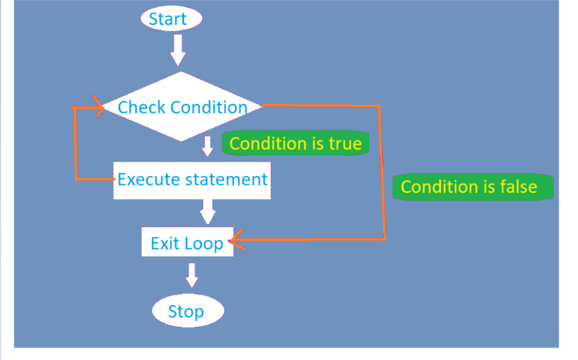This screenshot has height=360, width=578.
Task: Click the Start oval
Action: [171, 19]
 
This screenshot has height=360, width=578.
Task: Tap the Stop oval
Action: [188, 311]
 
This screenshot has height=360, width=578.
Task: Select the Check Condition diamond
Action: [182, 106]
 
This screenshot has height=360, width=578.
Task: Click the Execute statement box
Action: [192, 180]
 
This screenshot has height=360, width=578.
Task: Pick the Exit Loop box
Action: [188, 242]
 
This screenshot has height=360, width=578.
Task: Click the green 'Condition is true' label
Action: [296, 143]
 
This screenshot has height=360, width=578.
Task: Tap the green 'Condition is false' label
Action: [473, 187]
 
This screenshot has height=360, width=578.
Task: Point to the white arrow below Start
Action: [178, 50]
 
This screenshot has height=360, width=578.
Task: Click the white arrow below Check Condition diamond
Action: [208, 146]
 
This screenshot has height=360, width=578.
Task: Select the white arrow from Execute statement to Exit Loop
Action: [208, 212]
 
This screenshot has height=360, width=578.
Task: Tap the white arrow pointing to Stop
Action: [192, 275]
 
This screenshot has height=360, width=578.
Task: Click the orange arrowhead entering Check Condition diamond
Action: [99, 106]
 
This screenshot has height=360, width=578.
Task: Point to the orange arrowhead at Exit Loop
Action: [236, 240]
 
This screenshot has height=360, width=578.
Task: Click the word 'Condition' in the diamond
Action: [209, 108]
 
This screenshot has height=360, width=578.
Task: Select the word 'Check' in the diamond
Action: [141, 108]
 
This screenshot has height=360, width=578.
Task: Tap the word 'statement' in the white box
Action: [226, 180]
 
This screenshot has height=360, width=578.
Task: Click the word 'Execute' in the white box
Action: [149, 180]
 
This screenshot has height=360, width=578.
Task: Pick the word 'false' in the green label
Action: [518, 187]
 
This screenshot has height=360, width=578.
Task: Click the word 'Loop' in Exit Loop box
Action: [204, 244]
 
